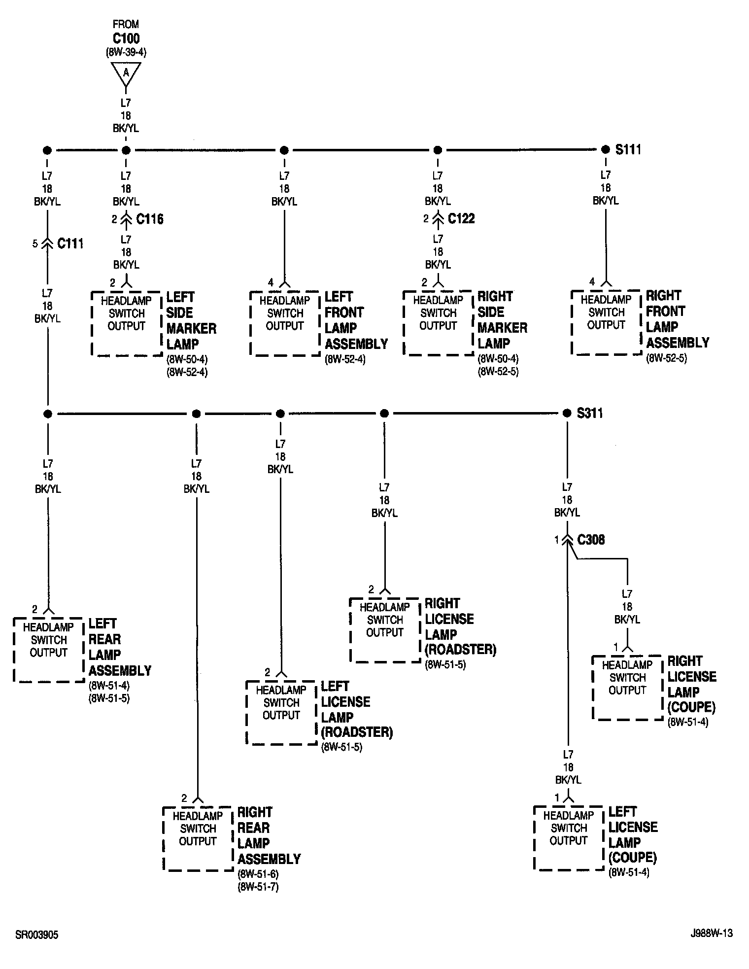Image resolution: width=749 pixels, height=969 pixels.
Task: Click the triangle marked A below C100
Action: [126, 73]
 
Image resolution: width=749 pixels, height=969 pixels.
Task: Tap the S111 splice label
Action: [628, 150]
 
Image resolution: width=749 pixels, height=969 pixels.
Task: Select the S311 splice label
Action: [590, 414]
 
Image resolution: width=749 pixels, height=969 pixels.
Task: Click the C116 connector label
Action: [150, 219]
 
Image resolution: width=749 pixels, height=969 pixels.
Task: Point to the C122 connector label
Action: [461, 219]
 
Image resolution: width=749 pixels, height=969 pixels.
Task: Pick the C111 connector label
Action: [70, 243]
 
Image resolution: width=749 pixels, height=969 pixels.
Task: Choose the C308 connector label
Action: [591, 540]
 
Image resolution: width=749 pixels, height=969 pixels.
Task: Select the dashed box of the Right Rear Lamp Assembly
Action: [198, 838]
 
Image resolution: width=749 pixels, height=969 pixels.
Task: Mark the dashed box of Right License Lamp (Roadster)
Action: [385, 629]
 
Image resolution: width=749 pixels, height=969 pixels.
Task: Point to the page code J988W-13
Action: [712, 933]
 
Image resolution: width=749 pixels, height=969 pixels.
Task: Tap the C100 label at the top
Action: [126, 38]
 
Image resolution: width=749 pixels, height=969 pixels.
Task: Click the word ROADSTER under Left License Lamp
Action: [357, 732]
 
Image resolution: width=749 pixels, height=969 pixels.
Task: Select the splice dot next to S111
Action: [606, 150]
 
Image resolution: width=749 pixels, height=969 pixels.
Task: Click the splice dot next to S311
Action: [567, 414]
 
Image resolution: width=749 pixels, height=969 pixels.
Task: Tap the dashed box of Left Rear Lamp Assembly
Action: [49, 650]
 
